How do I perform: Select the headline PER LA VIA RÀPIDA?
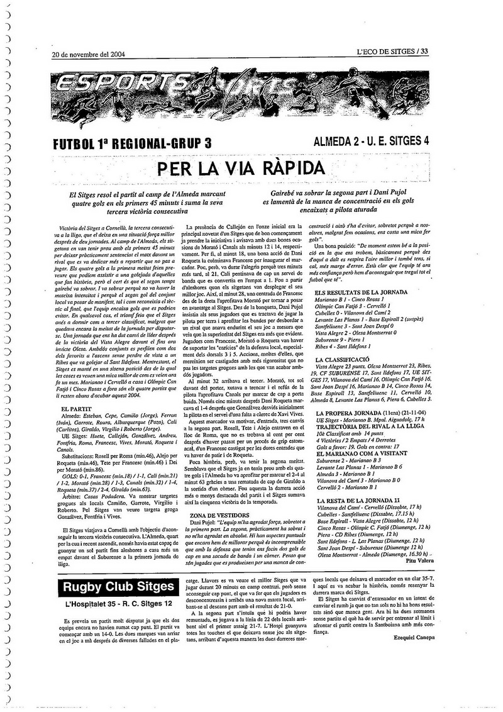241,169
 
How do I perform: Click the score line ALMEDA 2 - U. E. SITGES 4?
371,141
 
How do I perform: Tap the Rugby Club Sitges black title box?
119,587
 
